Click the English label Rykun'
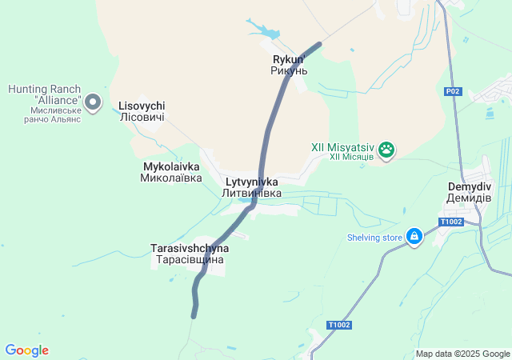click(289, 59)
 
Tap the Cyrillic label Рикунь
click(289, 70)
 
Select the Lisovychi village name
click(142, 106)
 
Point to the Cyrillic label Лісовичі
click(142, 118)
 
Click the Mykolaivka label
click(171, 166)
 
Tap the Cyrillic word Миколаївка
click(171, 178)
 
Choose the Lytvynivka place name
click(251, 182)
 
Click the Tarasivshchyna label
click(190, 249)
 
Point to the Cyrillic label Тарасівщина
click(190, 260)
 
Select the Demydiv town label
click(470, 186)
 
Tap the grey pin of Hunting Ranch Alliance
click(94, 102)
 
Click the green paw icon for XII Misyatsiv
click(387, 149)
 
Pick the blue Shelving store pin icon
click(414, 236)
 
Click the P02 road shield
click(453, 92)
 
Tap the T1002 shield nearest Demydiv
click(451, 222)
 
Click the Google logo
click(26, 350)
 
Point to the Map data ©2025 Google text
click(462, 354)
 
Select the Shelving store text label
click(374, 237)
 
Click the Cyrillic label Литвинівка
click(251, 194)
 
